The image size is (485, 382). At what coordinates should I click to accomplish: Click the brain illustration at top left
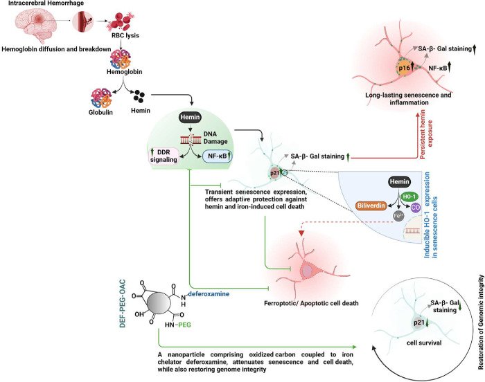[36, 25]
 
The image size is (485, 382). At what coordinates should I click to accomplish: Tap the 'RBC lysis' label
[125, 35]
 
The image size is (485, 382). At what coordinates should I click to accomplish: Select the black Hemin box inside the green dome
[190, 117]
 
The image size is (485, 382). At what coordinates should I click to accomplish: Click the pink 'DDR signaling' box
[164, 156]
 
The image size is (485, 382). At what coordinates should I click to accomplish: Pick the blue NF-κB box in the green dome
[218, 156]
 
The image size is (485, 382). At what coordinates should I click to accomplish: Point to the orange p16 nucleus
[404, 68]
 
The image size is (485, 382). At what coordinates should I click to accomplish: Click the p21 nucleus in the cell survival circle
[418, 322]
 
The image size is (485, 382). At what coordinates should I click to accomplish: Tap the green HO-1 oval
[409, 197]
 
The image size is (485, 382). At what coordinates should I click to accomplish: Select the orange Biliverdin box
[371, 206]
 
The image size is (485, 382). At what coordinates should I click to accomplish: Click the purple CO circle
[416, 208]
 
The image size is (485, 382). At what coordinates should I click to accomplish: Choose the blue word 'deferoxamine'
[209, 294]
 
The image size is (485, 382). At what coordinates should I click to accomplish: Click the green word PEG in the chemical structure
[184, 325]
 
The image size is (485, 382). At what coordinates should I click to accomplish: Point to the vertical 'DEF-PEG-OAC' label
[123, 303]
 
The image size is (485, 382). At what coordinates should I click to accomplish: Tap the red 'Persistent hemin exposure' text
[426, 134]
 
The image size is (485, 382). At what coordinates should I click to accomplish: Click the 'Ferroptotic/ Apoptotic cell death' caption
[311, 303]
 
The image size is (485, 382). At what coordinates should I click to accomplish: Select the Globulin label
[100, 112]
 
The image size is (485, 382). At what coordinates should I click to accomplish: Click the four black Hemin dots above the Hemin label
[139, 96]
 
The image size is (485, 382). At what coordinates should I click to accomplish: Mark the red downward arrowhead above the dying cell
[301, 233]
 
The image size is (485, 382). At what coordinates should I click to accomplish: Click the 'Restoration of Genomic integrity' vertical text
[481, 322]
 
